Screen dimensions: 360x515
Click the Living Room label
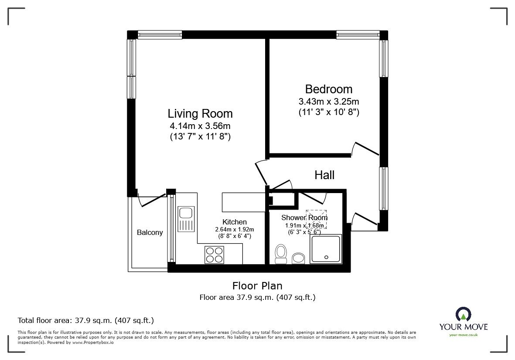coord(200,114)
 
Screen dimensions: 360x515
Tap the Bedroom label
coord(328,89)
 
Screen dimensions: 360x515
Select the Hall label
coord(324,175)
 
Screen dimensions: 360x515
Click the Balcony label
coord(150,232)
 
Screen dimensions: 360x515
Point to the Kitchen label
coord(234,222)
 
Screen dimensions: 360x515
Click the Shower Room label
coord(304,217)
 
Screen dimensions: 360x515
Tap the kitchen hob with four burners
coord(214,255)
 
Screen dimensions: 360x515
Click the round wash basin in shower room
coord(299,258)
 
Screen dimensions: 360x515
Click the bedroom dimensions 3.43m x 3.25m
coord(328,102)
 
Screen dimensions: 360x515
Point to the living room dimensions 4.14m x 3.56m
coord(200,126)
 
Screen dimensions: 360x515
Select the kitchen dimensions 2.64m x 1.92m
coord(234,229)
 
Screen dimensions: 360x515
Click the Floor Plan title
coord(257,286)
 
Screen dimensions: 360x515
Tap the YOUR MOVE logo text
coord(463,326)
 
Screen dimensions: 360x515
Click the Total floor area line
coord(85,320)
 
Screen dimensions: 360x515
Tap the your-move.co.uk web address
coord(463,335)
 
